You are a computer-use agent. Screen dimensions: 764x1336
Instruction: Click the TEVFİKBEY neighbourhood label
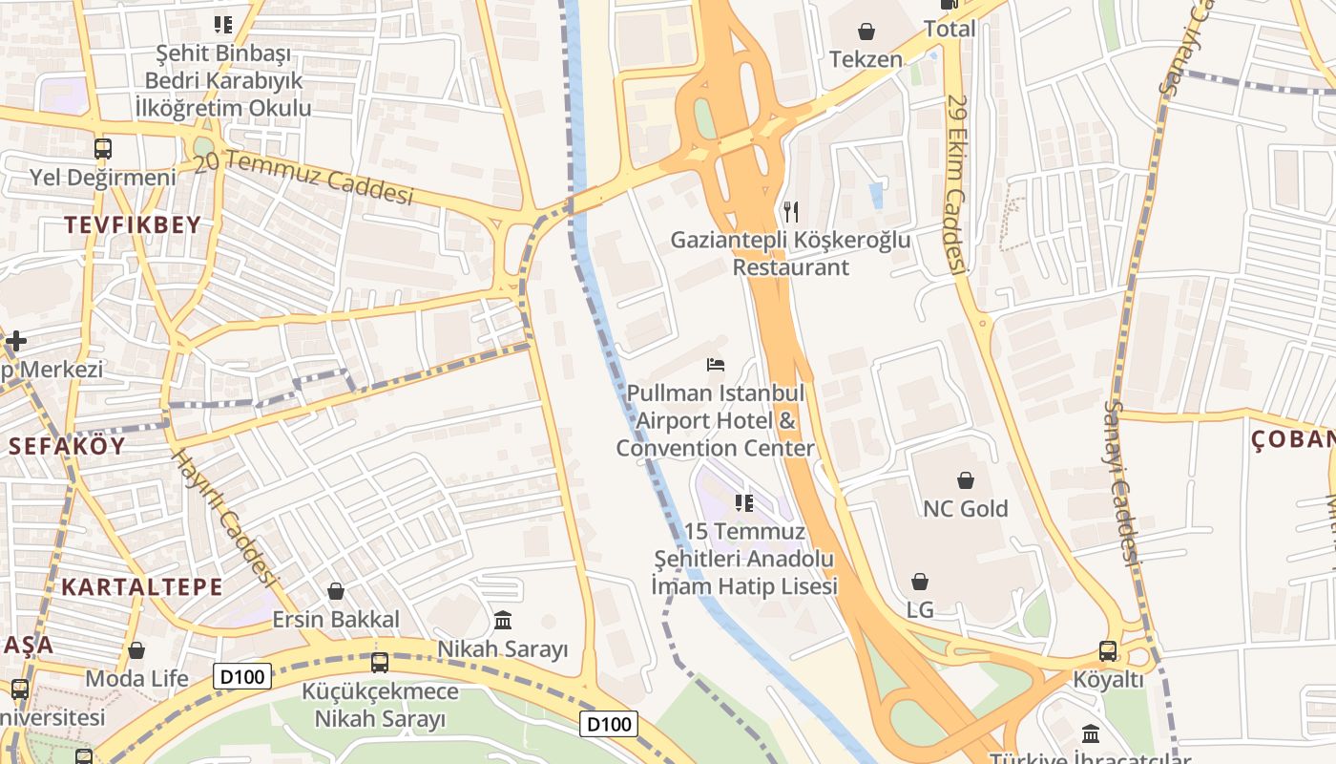[133, 225]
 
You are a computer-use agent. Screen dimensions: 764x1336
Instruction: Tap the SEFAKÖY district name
[67, 446]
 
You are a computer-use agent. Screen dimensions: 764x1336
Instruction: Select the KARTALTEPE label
[142, 586]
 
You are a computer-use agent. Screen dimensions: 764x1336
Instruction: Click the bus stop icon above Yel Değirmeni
[103, 149]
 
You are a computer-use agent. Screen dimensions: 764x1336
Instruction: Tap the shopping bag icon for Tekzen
[866, 32]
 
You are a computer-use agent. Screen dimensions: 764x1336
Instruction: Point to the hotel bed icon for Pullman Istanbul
[716, 365]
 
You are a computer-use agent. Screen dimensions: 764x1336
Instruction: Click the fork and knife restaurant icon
[790, 211]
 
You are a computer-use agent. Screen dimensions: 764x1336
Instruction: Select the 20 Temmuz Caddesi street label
[303, 179]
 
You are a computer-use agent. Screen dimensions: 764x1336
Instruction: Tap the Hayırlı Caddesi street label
[223, 517]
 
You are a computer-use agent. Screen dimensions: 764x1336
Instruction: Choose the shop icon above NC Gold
[965, 480]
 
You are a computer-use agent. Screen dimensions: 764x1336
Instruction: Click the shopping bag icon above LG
[920, 582]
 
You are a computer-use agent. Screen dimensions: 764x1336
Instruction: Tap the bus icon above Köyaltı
[1108, 651]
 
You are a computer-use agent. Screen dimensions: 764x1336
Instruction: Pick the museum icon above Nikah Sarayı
[502, 621]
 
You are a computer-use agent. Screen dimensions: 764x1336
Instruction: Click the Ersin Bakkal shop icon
[335, 592]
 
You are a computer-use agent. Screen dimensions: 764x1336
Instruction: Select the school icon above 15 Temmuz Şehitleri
[744, 503]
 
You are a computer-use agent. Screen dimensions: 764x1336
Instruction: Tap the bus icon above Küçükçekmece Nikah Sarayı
[380, 662]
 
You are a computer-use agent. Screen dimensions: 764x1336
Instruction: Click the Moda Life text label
[137, 679]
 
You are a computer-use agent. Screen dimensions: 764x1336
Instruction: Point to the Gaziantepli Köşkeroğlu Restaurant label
[790, 253]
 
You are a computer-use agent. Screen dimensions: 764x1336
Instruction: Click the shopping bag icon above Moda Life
[136, 650]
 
